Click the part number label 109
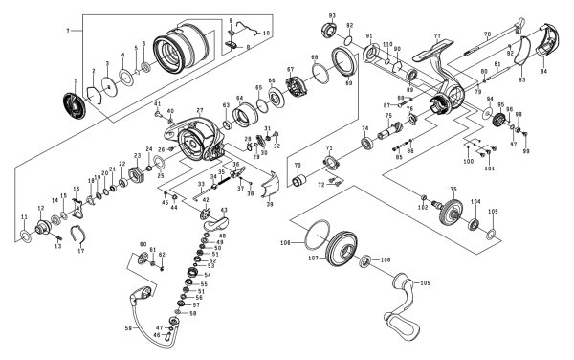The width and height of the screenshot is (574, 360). tap(426, 282)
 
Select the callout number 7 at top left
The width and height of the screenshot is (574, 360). tap(67, 32)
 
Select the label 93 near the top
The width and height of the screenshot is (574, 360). tap(332, 17)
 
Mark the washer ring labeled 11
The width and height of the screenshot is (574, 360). tap(24, 235)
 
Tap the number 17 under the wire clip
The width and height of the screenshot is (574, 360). tap(81, 251)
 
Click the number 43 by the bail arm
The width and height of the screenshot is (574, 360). tap(223, 210)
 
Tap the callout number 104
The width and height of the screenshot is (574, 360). tap(475, 202)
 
